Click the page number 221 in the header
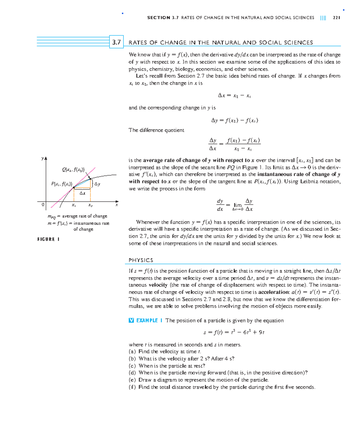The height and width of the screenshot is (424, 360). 336,18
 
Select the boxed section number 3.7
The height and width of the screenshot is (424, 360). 116,42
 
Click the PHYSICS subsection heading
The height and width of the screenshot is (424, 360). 141,260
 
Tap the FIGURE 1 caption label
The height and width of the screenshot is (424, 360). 48,239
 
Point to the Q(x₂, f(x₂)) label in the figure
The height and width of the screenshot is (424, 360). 73,170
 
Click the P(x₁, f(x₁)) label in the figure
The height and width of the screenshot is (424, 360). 61,184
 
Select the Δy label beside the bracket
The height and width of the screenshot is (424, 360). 97,184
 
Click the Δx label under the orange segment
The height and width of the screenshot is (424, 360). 82,193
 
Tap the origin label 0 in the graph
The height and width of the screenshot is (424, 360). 43,204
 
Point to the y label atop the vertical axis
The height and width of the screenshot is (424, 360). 43,158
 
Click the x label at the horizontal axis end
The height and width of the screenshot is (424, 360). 117,205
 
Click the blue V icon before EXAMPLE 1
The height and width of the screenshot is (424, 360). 131,320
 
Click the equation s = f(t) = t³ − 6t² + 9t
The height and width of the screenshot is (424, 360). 234,332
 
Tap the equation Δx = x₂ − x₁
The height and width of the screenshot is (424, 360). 234,95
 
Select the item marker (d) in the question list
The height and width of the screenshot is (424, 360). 132,373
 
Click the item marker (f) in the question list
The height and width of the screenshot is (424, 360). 132,387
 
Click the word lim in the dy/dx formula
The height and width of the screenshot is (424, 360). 238,205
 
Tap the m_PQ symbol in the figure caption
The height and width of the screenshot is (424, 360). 52,217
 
